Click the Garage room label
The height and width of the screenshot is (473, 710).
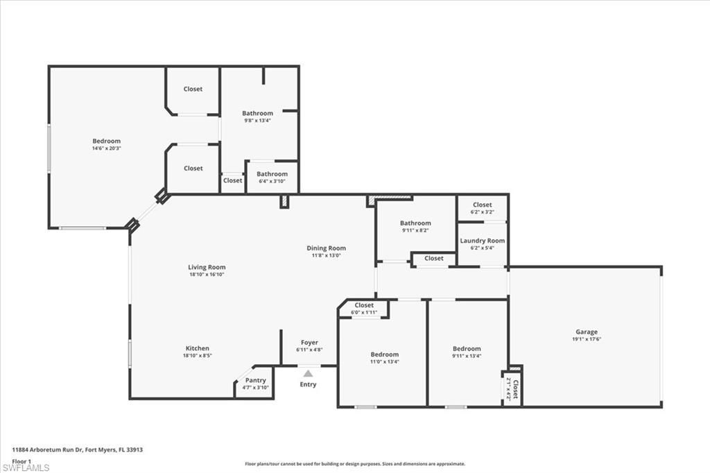tap(586, 332)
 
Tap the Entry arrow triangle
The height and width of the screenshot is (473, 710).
tap(308, 374)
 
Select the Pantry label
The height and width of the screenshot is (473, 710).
tap(256, 380)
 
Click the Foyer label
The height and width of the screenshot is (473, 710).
tap(309, 343)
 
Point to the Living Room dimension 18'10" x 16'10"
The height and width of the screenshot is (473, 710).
tap(207, 275)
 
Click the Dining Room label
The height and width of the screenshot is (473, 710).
tap(326, 248)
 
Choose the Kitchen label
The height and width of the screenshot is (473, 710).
tap(197, 348)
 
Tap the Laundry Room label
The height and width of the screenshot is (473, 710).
tap(483, 241)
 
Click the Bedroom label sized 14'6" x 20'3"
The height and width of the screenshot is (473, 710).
tap(106, 141)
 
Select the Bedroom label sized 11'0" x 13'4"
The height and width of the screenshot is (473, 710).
tap(384, 354)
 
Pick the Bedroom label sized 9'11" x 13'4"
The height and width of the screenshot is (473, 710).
tap(467, 349)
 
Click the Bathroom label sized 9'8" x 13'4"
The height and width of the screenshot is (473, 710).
tap(257, 113)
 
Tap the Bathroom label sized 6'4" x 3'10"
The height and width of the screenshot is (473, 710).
tap(272, 174)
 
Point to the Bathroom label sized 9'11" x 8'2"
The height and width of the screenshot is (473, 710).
tap(415, 223)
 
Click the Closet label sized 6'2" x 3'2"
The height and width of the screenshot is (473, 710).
tap(483, 205)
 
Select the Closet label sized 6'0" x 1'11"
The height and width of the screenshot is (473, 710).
tap(364, 305)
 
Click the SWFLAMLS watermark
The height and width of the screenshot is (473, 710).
tap(26, 467)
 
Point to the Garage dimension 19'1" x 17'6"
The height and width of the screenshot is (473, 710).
tap(586, 339)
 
